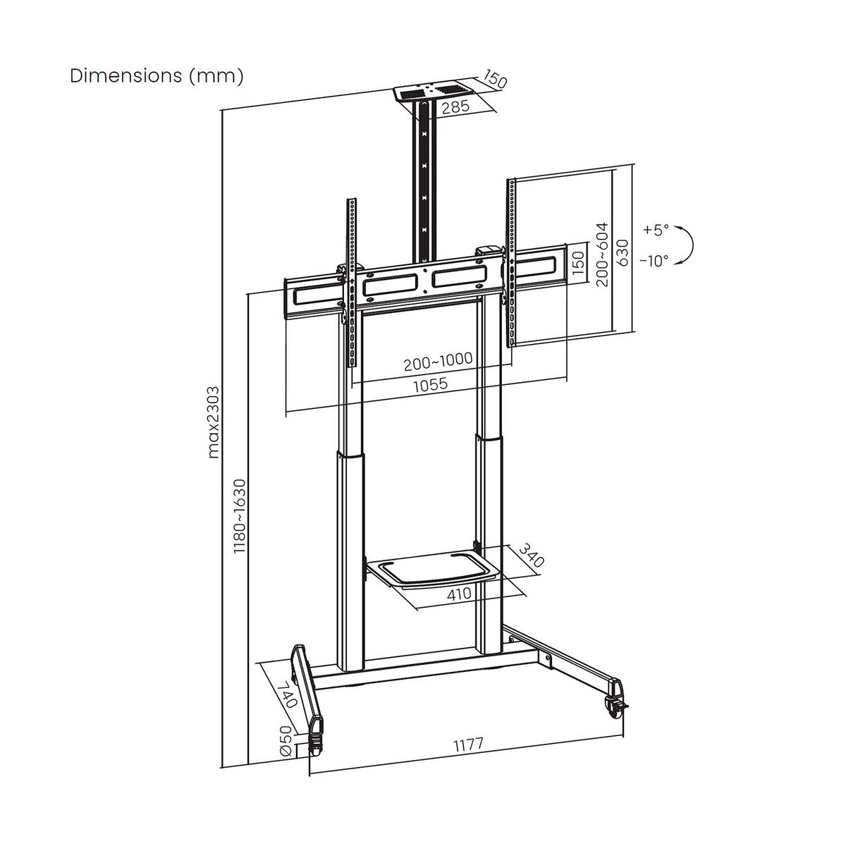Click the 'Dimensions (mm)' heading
click(157, 76)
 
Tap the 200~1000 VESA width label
click(437, 362)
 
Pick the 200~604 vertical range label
click(602, 256)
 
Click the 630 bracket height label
click(622, 251)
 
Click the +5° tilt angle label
click(655, 230)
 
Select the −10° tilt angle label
click(654, 260)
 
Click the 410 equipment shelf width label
click(459, 594)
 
